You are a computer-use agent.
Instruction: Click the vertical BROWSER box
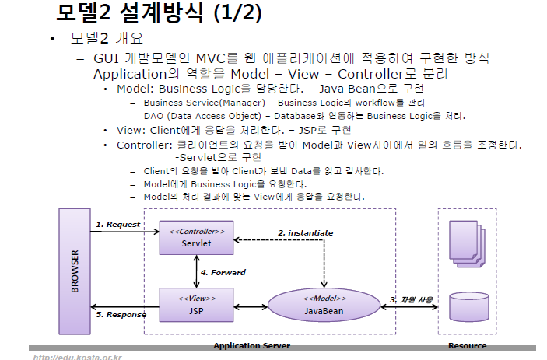(75, 271)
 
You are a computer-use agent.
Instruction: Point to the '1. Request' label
(118, 224)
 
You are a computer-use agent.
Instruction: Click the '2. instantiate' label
(306, 232)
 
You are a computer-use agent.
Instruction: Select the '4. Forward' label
(223, 273)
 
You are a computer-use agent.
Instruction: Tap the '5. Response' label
(121, 314)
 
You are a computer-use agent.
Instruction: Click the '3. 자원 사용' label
(411, 299)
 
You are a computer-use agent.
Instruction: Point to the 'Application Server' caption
(251, 345)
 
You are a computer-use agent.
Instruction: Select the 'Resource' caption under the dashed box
(468, 345)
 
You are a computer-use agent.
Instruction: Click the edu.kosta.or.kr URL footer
(77, 356)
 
